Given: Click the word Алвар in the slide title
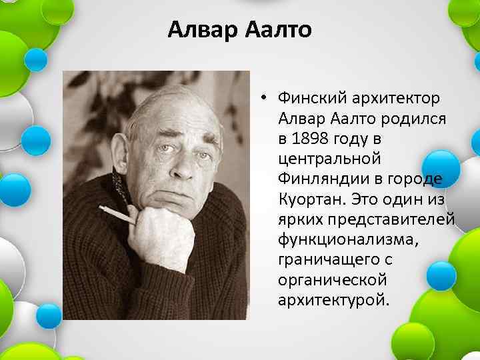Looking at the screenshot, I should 197,30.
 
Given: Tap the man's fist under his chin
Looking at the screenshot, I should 160,233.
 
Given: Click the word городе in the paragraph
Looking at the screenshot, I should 419,179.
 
